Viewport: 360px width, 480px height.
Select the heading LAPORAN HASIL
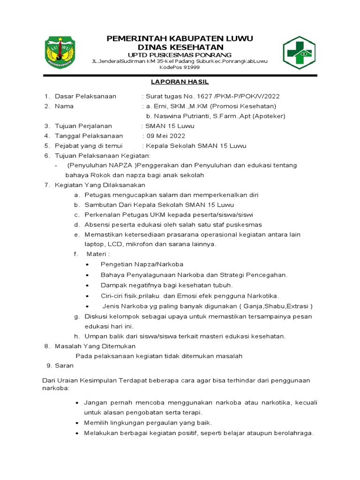pos(180,82)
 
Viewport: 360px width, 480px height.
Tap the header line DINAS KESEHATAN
pos(180,47)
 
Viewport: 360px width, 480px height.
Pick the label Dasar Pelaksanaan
pos(85,96)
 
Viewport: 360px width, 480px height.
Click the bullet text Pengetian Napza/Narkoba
pos(142,264)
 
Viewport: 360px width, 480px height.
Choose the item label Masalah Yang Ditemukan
pos(95,346)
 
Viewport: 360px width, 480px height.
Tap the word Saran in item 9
pos(64,366)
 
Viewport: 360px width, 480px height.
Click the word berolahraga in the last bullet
pos(291,433)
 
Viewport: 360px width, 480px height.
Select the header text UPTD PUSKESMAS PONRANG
pos(180,55)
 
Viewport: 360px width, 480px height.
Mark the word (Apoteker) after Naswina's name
pos(269,116)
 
